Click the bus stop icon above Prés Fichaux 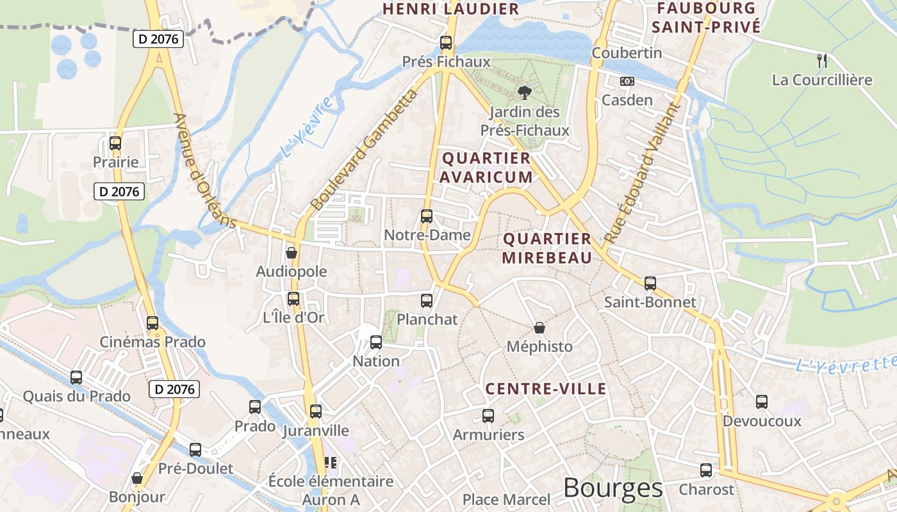click(445, 43)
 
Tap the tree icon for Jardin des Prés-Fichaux click(525, 93)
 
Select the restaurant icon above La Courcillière click(822, 61)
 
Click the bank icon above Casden click(627, 81)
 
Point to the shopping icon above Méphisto click(539, 328)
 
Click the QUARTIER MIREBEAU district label click(547, 248)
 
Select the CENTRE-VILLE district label click(545, 388)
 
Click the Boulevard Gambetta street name click(363, 151)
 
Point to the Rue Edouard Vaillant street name click(640, 173)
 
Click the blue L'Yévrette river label click(844, 365)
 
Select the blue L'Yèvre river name click(308, 127)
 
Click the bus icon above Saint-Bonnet click(650, 283)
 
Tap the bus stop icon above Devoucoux click(761, 402)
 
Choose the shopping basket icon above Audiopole click(292, 253)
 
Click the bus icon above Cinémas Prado click(152, 323)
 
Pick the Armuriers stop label click(488, 435)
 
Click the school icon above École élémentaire click(331, 462)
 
